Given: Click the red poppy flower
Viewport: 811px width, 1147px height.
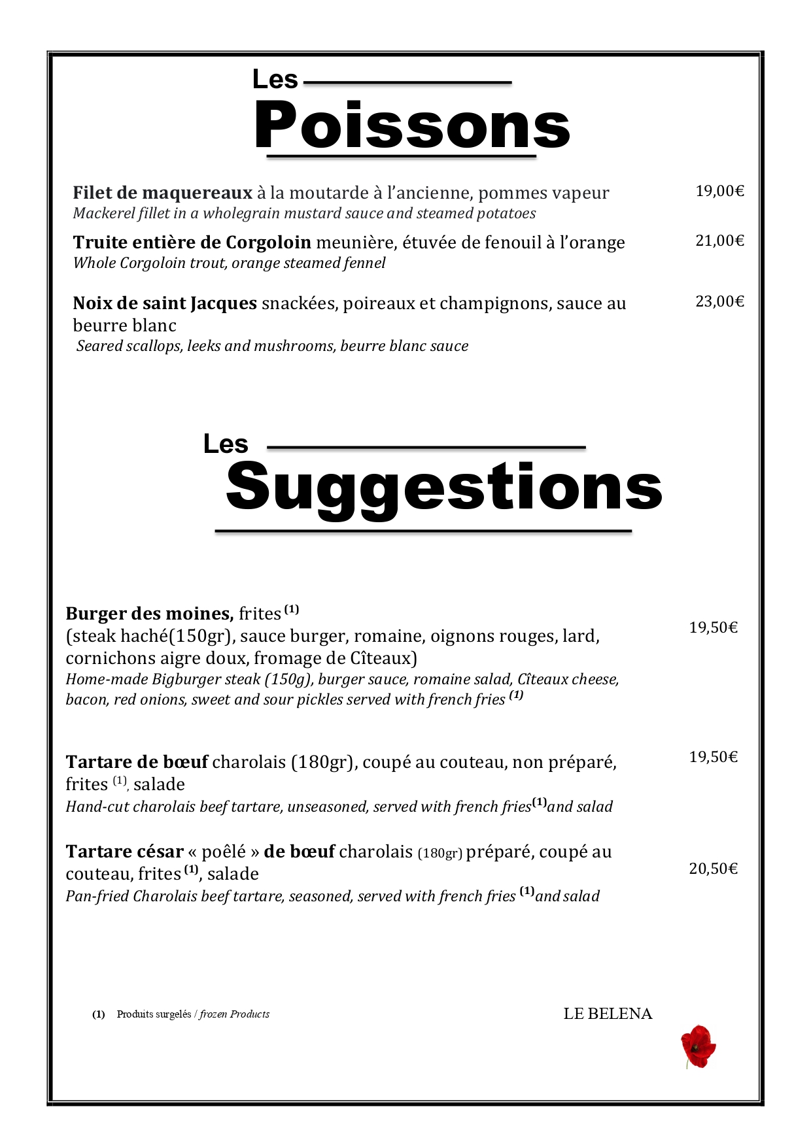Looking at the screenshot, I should pyautogui.click(x=698, y=1046).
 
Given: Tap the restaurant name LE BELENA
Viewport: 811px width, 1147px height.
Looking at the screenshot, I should pyautogui.click(x=608, y=1014).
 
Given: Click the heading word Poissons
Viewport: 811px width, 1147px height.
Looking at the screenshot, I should pyautogui.click(x=412, y=125).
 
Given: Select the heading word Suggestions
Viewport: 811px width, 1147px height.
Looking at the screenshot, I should pyautogui.click(x=443, y=488).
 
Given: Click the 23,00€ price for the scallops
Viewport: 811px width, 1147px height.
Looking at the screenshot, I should pyautogui.click(x=719, y=301).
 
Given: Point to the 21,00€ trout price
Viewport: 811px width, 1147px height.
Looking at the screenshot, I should pyautogui.click(x=719, y=241).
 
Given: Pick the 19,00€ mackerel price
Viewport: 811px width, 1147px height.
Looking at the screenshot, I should pyautogui.click(x=719, y=191).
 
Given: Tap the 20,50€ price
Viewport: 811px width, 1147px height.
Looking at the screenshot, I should pyautogui.click(x=713, y=869).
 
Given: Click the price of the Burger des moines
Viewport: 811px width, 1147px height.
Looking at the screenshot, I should pyautogui.click(x=713, y=627).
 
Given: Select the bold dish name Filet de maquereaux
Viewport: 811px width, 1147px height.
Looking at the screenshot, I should pyautogui.click(x=162, y=193).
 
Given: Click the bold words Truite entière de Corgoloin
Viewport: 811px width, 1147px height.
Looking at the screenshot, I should pyautogui.click(x=192, y=242).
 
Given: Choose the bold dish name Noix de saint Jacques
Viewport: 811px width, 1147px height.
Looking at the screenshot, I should pyautogui.click(x=165, y=303).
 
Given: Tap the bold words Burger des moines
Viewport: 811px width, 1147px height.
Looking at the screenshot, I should pyautogui.click(x=149, y=614).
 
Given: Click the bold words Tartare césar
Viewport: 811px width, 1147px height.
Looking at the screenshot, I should pyautogui.click(x=124, y=852).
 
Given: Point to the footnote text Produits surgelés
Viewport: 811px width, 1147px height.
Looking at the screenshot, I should pyautogui.click(x=154, y=1014).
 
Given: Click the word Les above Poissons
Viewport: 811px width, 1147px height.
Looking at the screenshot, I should pyautogui.click(x=275, y=80).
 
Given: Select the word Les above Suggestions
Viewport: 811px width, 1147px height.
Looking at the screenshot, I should pyautogui.click(x=226, y=444).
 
